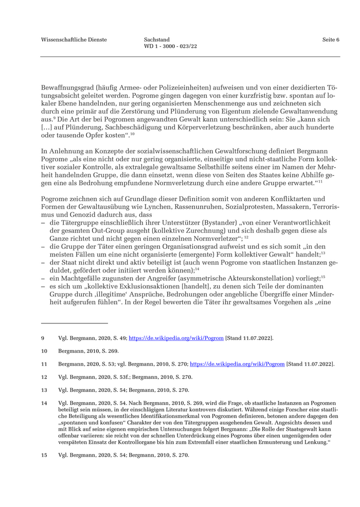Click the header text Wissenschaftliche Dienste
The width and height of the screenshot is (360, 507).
pos(74,40)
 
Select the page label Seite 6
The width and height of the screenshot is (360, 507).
pos(331,40)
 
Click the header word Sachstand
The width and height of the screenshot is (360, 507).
pos(157,40)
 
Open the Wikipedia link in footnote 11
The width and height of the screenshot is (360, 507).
pos(237,364)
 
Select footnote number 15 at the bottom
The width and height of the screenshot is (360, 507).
pos(44,455)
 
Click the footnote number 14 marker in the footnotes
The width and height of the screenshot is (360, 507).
pos(44,403)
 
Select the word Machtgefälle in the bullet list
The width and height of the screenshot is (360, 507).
pos(76,277)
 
